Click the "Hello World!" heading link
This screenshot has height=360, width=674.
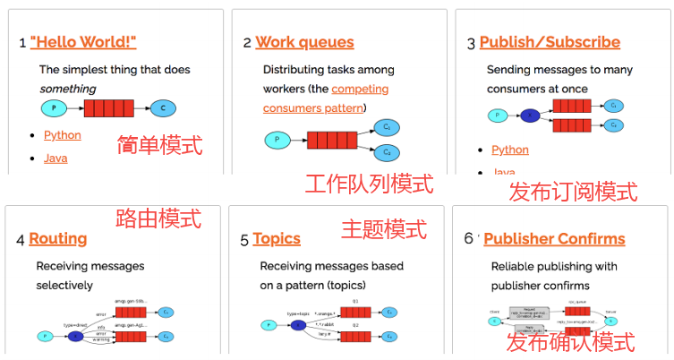pyautogui.click(x=83, y=42)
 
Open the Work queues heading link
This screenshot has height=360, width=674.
pyautogui.click(x=304, y=42)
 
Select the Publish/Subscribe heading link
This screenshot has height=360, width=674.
pyautogui.click(x=549, y=42)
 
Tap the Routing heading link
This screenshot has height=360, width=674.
pyautogui.click(x=57, y=238)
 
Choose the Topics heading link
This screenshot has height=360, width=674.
pyautogui.click(x=276, y=238)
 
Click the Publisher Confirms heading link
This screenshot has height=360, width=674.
pyautogui.click(x=554, y=238)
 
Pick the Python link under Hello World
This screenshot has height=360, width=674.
pyautogui.click(x=62, y=135)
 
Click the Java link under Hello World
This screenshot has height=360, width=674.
pyautogui.click(x=55, y=159)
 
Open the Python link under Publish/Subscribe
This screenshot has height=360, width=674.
pyautogui.click(x=509, y=150)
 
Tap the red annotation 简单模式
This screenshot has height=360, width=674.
pyautogui.click(x=159, y=145)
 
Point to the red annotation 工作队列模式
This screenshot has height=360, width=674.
pyautogui.click(x=369, y=184)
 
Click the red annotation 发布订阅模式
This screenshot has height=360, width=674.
pyautogui.click(x=573, y=192)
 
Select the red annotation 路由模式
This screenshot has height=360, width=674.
pyautogui.click(x=158, y=218)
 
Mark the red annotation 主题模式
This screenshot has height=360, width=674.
pyautogui.click(x=383, y=229)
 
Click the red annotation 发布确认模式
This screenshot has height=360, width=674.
pyautogui.click(x=570, y=342)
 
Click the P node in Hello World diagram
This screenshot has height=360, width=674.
pyautogui.click(x=54, y=108)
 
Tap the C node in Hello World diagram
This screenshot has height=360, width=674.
pyautogui.click(x=162, y=108)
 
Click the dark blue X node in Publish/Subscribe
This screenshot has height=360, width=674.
pyautogui.click(x=529, y=115)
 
